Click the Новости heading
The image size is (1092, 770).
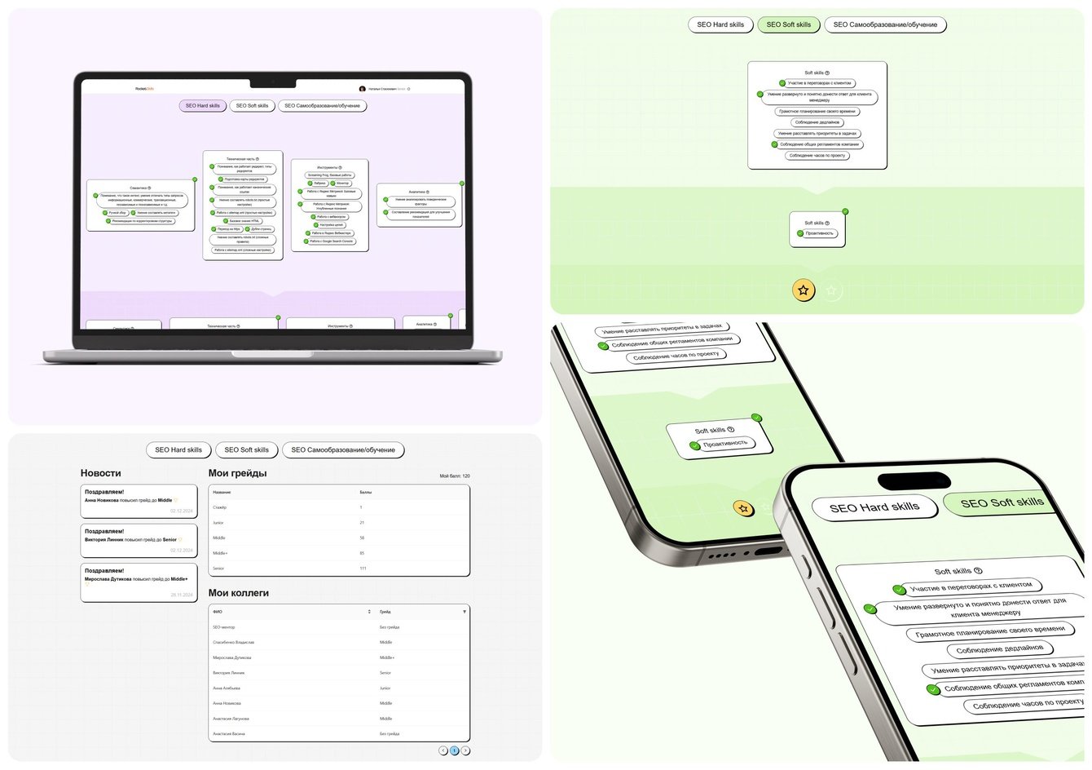point(100,473)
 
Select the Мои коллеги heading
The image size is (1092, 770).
point(238,593)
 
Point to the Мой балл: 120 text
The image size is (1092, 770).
point(454,476)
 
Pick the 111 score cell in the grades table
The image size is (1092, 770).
point(364,569)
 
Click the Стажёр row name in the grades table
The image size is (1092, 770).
point(220,507)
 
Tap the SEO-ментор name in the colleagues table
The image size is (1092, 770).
point(223,627)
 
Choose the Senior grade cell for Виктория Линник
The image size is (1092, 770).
point(385,673)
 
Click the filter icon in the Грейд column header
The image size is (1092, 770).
point(465,612)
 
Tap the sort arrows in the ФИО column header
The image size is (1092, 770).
point(369,612)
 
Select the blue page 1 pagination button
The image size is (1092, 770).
point(455,750)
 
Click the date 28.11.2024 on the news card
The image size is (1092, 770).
point(181,595)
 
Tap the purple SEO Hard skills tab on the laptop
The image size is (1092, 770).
point(202,106)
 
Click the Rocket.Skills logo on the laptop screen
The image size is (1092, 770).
point(145,89)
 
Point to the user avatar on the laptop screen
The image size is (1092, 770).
point(363,89)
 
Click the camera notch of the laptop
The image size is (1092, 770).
point(272,82)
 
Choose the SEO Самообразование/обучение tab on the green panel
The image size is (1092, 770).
point(885,24)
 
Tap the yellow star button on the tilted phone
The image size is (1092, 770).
point(742,509)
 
